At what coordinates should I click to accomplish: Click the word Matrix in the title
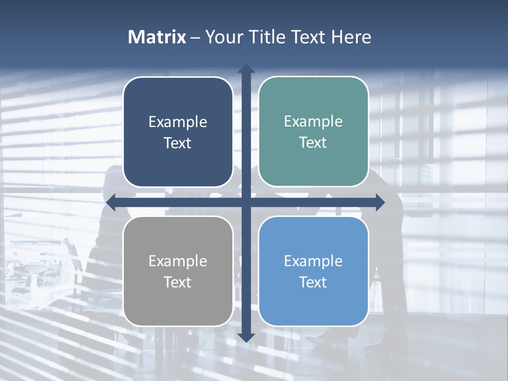pyautogui.click(x=157, y=37)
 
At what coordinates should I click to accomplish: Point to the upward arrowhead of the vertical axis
pyautogui.click(x=246, y=69)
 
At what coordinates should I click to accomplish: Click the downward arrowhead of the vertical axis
pyautogui.click(x=246, y=337)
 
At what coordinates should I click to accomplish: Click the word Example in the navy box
pyautogui.click(x=178, y=122)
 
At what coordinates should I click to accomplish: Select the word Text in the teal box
pyautogui.click(x=313, y=143)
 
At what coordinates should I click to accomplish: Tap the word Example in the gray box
pyautogui.click(x=178, y=261)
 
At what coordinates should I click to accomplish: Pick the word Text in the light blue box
pyautogui.click(x=313, y=283)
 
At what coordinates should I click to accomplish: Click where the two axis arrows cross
pyautogui.click(x=246, y=202)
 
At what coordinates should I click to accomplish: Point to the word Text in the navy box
pyautogui.click(x=178, y=143)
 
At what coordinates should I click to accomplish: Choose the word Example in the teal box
pyautogui.click(x=313, y=122)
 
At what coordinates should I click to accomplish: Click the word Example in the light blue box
pyautogui.click(x=313, y=261)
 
